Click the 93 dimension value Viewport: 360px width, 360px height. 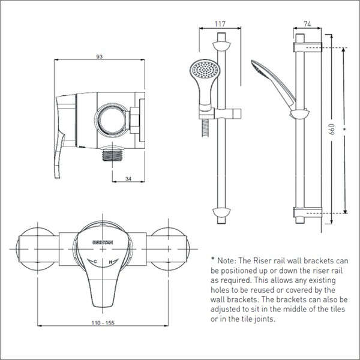coord(100,56)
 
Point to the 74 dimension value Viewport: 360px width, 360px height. coord(307,24)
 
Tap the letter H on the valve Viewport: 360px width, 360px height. coord(110,261)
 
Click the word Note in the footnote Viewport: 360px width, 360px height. coord(228,260)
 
